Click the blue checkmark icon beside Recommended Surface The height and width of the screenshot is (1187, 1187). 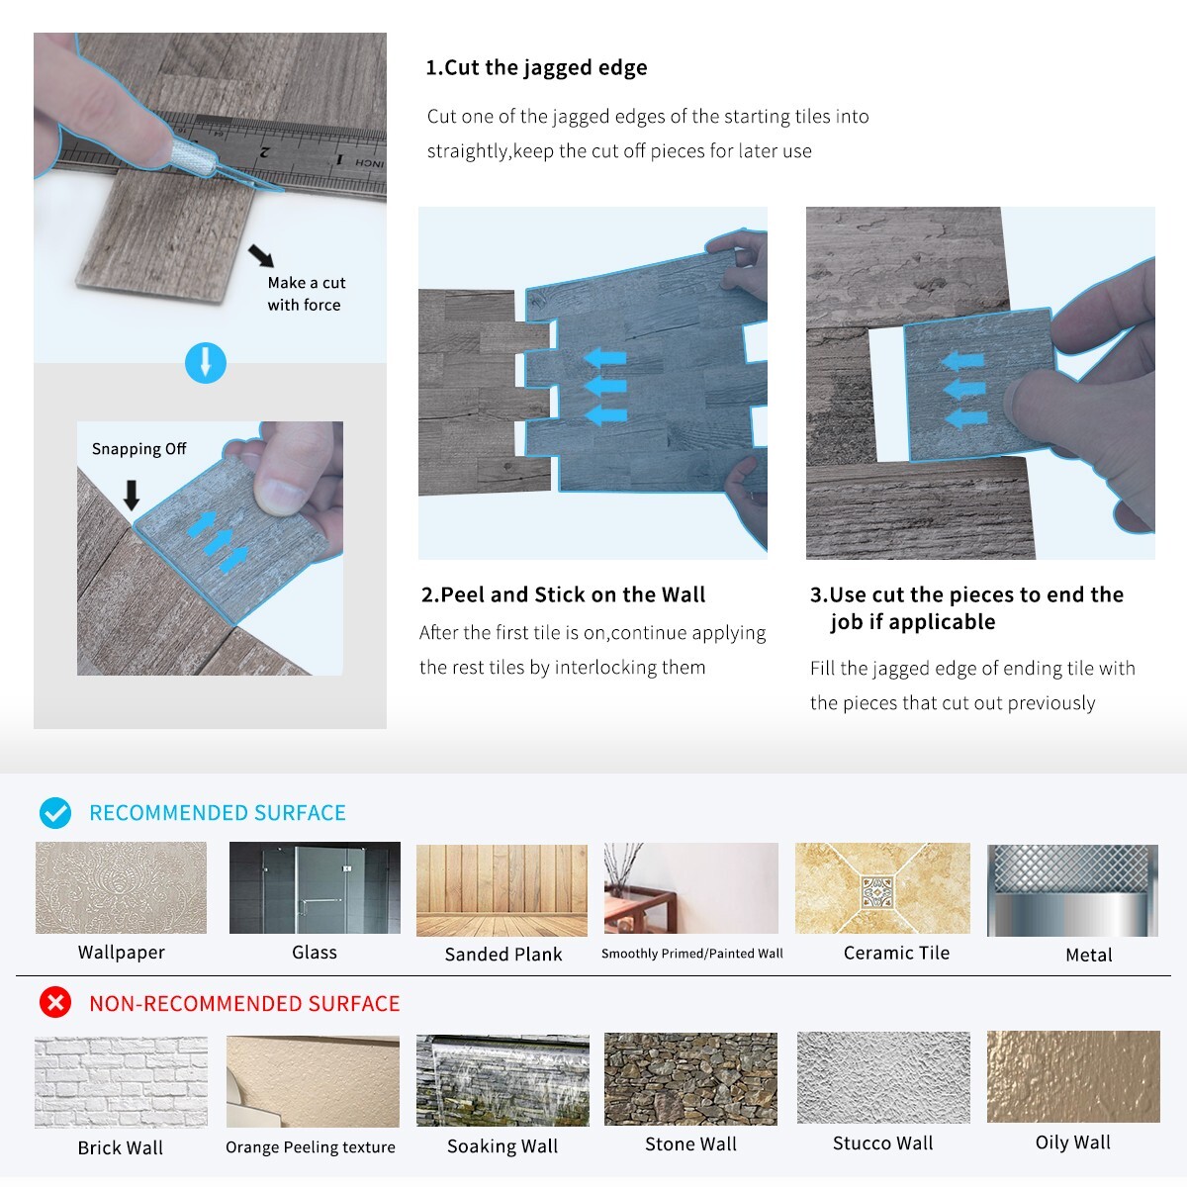pyautogui.click(x=55, y=812)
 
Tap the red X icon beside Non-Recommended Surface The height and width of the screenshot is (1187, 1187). pyautogui.click(x=55, y=1003)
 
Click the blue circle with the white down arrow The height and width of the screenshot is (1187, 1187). pyautogui.click(x=206, y=363)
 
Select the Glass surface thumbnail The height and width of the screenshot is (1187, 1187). pyautogui.click(x=315, y=887)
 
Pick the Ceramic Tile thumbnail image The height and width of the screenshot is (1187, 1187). pyautogui.click(x=882, y=888)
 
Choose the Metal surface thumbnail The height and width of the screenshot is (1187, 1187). pyautogui.click(x=1072, y=890)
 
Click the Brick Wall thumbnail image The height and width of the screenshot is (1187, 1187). pyautogui.click(x=121, y=1082)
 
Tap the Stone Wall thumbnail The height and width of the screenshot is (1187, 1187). pyautogui.click(x=690, y=1079)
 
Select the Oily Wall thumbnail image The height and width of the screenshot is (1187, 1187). pyautogui.click(x=1073, y=1077)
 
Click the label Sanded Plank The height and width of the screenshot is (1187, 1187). pyautogui.click(x=503, y=955)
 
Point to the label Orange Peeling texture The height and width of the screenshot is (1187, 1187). pyautogui.click(x=311, y=1147)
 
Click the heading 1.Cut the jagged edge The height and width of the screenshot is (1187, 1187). pyautogui.click(x=536, y=68)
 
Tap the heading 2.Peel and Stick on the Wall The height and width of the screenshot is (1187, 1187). pyautogui.click(x=563, y=594)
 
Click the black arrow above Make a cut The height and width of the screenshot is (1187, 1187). pyautogui.click(x=261, y=255)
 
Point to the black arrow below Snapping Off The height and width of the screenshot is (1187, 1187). pyautogui.click(x=132, y=496)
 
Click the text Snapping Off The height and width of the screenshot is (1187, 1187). pyautogui.click(x=138, y=449)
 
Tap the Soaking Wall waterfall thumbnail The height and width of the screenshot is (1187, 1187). pyautogui.click(x=502, y=1080)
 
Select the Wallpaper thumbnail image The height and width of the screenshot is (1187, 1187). pyautogui.click(x=121, y=887)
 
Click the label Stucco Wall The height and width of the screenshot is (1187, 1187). pyautogui.click(x=882, y=1143)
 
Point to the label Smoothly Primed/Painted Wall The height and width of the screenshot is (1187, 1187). pyautogui.click(x=692, y=954)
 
